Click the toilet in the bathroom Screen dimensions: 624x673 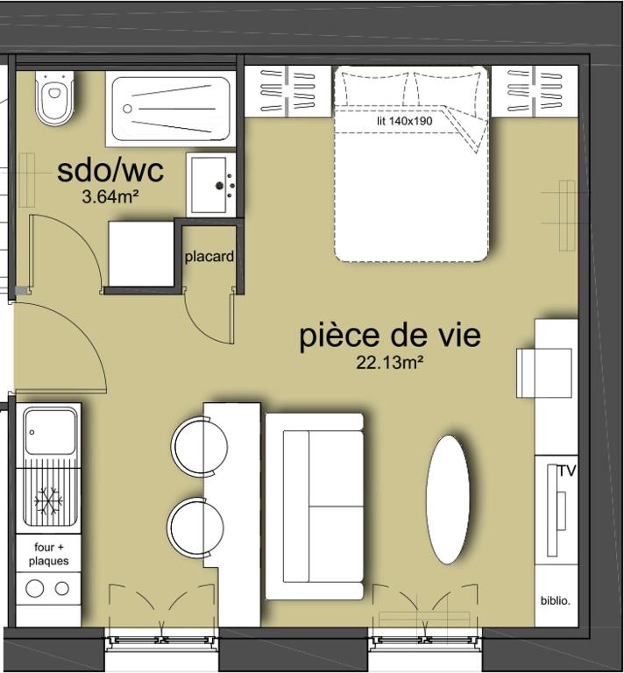54,98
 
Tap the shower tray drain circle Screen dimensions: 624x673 127,109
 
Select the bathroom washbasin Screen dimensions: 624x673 211,185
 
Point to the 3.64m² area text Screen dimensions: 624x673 110,197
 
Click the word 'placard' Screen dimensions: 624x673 209,257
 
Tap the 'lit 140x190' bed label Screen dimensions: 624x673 405,121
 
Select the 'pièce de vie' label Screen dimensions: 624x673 390,336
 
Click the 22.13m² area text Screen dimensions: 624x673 390,363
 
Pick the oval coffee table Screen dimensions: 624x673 448,499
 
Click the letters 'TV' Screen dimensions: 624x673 567,471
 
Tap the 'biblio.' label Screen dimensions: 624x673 556,601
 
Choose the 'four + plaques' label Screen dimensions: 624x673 48,554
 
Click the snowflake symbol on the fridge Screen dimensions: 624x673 48,500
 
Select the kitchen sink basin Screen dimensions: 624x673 50,431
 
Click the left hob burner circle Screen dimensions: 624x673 35,588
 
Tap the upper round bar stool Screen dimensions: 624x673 200,445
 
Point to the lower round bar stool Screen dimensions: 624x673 195,526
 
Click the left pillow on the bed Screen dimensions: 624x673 374,89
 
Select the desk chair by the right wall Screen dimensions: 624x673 543,373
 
